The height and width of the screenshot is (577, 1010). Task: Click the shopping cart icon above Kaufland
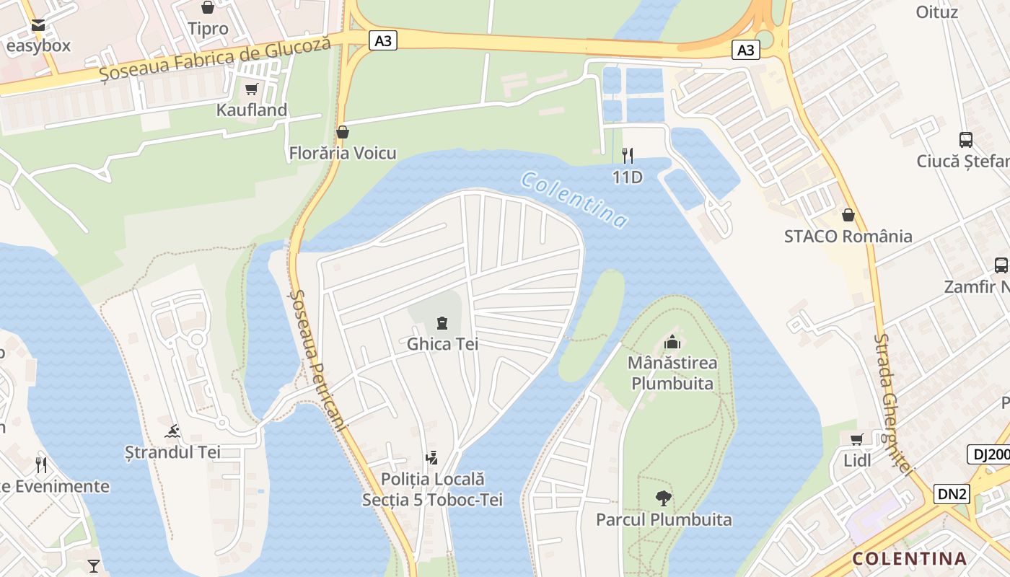point(251,89)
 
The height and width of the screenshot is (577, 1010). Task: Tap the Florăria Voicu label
point(343,153)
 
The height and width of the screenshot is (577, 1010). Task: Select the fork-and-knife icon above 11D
point(628,155)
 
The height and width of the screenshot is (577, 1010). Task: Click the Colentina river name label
point(574,200)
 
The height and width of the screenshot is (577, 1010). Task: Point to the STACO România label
point(848,237)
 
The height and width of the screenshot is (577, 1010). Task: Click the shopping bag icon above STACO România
point(848,215)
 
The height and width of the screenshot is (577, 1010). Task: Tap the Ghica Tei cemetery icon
point(442,323)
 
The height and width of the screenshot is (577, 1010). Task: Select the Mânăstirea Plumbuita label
point(672,372)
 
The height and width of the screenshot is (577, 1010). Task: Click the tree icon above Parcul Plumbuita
point(663,498)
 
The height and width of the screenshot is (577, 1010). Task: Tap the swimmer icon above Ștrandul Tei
point(172,432)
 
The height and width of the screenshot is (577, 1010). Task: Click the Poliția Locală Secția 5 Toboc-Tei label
point(432,489)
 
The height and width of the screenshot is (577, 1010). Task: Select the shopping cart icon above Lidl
point(856,439)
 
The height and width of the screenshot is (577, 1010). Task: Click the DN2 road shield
point(952,494)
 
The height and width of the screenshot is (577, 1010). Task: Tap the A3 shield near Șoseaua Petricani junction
point(383,40)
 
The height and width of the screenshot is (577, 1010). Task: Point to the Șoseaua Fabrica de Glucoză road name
point(215,58)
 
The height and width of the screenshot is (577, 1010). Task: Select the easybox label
point(38,46)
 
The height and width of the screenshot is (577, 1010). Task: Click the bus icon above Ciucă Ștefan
point(965,140)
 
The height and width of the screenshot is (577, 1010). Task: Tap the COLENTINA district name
point(909,558)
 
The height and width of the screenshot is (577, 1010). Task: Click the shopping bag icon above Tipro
point(208,8)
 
